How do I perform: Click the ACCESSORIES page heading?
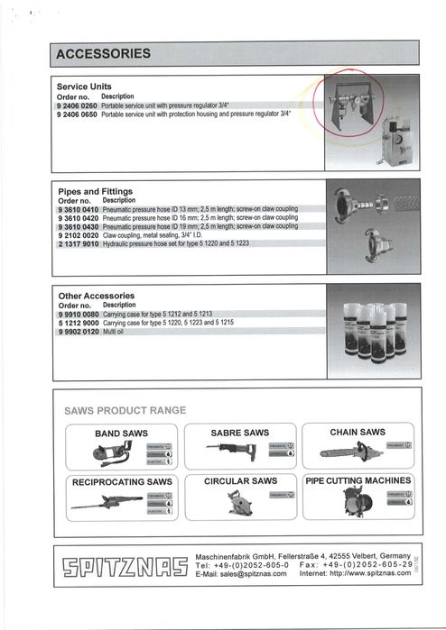coord(104,55)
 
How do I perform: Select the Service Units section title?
coord(84,86)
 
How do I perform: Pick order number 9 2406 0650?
coord(76,114)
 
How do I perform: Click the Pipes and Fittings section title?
coord(95,192)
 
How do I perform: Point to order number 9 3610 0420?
coord(76,217)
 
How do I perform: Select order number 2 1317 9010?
coord(76,242)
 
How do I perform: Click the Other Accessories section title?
coord(96,296)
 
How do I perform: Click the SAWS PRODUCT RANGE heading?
coord(125,410)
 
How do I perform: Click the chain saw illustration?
coord(347,451)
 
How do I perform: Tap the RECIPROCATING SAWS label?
coord(121,482)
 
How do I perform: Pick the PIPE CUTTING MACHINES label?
coord(358,481)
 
